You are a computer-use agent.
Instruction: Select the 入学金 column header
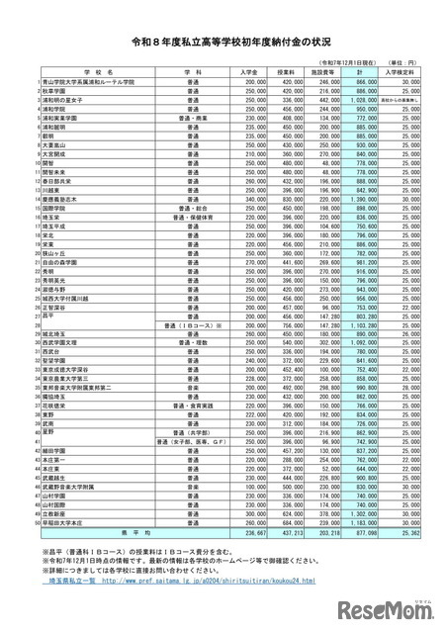point(253,72)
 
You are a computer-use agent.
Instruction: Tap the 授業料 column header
point(287,72)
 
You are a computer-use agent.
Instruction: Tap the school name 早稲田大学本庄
point(61,521)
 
